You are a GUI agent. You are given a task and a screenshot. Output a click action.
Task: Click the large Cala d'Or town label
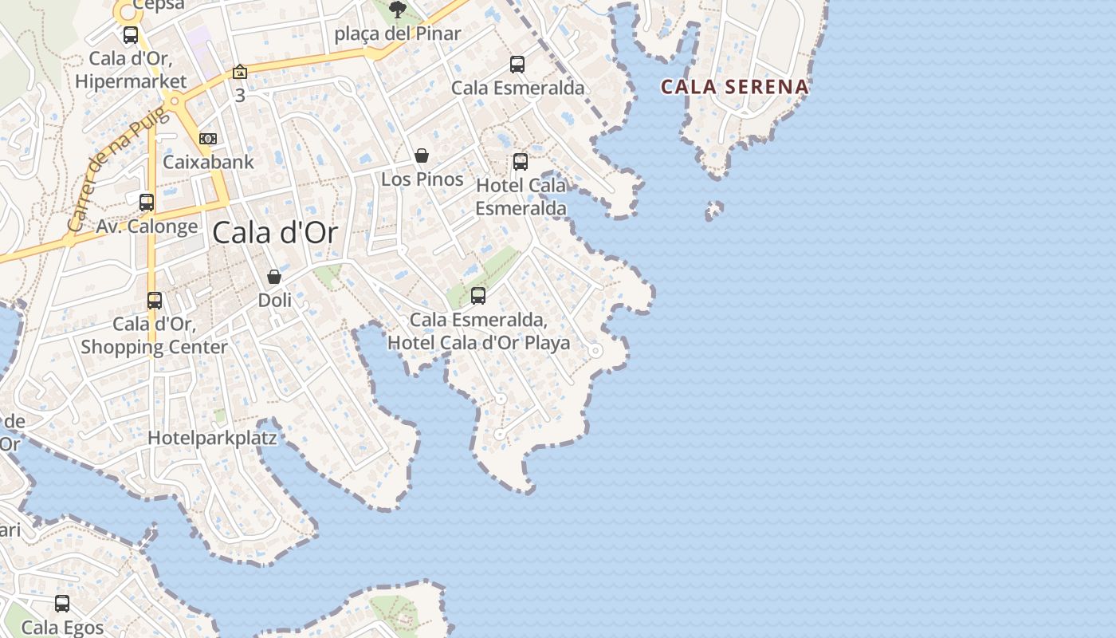[x=275, y=233]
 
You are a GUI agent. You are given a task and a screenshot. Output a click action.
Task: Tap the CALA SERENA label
[x=734, y=87]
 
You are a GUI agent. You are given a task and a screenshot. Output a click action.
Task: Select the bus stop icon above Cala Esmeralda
[x=517, y=65]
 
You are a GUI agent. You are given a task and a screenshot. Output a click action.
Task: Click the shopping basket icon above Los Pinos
[x=422, y=156]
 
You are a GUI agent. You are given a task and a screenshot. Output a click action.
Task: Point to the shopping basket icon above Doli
[x=274, y=277]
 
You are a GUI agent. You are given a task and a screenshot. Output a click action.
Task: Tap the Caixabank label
[x=208, y=162]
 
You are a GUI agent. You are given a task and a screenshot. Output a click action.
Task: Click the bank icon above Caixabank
[x=208, y=139]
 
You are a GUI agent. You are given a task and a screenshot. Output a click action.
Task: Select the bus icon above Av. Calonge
[x=147, y=203]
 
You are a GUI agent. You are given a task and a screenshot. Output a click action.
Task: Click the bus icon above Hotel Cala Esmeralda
[x=521, y=162]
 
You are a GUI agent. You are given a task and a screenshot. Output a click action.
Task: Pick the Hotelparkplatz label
[x=212, y=438]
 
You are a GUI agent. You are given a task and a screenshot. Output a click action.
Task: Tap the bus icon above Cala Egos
[x=62, y=604]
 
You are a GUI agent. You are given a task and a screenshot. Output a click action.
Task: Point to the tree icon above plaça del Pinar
[x=397, y=10]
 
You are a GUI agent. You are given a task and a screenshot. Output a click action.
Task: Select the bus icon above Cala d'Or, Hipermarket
[x=131, y=35]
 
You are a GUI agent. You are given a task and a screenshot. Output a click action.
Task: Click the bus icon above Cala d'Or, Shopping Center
[x=155, y=301]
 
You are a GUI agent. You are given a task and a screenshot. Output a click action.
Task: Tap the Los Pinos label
[x=422, y=179]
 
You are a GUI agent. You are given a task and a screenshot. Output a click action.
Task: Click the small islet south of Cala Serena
[x=714, y=210]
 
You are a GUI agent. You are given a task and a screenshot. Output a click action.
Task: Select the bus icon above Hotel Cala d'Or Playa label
[x=478, y=296]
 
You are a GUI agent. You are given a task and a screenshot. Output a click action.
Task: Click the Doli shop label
[x=274, y=301]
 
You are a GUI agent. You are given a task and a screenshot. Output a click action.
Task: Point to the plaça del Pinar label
[x=397, y=33]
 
